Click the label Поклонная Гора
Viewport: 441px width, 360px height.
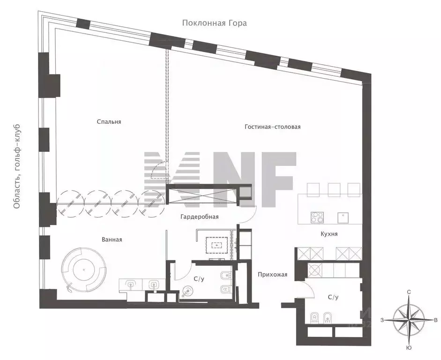click(215, 22)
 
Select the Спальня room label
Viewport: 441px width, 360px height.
click(109, 122)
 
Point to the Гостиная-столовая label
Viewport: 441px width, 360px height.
click(272, 127)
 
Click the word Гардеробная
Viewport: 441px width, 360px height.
click(199, 217)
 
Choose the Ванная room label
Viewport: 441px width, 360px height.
click(112, 240)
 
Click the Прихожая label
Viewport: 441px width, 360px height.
click(272, 275)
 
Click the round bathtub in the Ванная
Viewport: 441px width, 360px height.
click(84, 270)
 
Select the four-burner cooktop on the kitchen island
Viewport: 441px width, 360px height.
click(317, 217)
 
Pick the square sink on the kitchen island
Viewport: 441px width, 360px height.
click(344, 217)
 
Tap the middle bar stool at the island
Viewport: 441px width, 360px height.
click(334, 189)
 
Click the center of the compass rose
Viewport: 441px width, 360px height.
click(409, 320)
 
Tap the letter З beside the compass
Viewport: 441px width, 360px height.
click(382, 320)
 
